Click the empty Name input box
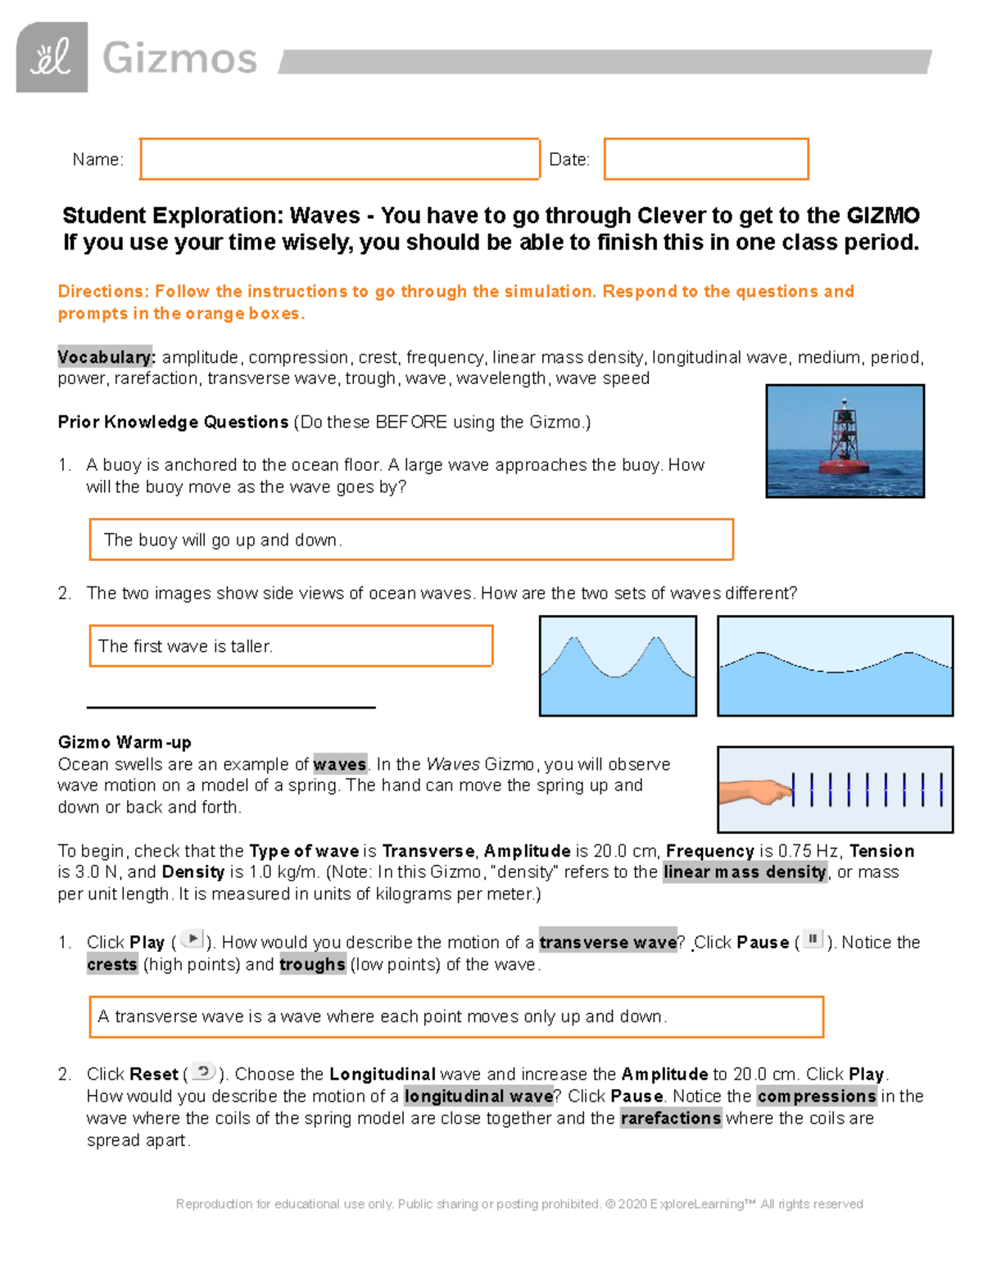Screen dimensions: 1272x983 (x=339, y=159)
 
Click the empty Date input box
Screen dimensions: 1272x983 (x=706, y=159)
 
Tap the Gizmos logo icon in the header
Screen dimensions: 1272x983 (x=52, y=57)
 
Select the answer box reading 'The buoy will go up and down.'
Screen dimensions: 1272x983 (x=410, y=540)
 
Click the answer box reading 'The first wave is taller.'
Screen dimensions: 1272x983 (x=291, y=646)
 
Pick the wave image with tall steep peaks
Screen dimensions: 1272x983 (x=618, y=666)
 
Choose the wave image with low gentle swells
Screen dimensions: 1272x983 (x=835, y=666)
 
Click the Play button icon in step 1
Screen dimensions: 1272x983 (x=192, y=939)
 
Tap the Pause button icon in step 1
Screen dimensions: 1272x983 (x=813, y=939)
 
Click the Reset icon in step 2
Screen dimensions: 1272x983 (x=203, y=1071)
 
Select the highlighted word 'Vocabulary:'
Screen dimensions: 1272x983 (x=105, y=357)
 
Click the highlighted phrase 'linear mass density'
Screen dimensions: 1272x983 (x=745, y=872)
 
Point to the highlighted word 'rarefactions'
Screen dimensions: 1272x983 (x=670, y=1118)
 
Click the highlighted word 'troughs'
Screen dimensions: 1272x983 (x=312, y=965)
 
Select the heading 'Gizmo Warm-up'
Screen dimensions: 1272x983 (x=124, y=742)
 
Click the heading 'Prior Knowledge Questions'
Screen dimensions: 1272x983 (x=172, y=422)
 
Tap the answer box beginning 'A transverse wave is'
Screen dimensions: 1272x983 (x=455, y=1016)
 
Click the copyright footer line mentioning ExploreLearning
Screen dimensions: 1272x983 (x=519, y=1204)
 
